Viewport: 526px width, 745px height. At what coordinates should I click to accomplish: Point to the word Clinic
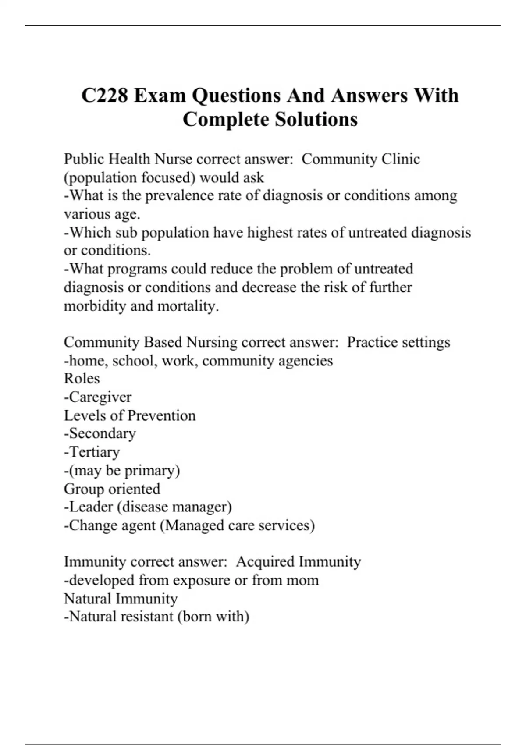point(401,159)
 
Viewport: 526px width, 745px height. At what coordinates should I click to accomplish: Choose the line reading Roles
point(82,379)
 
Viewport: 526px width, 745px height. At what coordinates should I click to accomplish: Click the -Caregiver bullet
point(98,397)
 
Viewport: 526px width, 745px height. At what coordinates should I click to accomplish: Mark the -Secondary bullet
point(100,433)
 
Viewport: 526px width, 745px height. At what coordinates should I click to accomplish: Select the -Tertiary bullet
point(92,452)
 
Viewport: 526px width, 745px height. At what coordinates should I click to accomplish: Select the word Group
point(84,489)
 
